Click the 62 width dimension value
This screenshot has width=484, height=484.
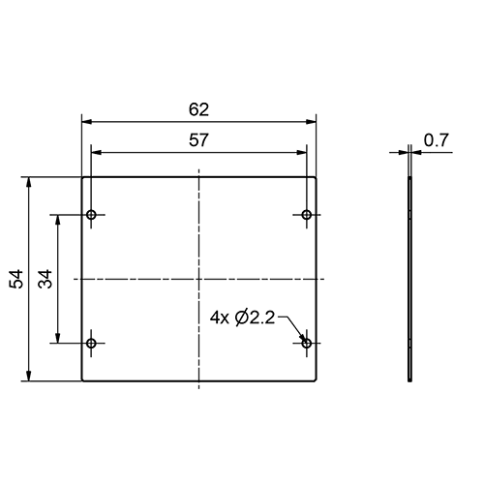[199, 108]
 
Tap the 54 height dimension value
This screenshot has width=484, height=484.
[16, 279]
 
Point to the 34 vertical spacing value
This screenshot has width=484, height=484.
[45, 279]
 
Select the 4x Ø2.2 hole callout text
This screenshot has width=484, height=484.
[242, 316]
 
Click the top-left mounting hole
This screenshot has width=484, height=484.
[92, 214]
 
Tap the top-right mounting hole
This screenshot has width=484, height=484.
[307, 214]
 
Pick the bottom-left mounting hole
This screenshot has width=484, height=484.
[92, 343]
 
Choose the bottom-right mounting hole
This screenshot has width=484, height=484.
[307, 343]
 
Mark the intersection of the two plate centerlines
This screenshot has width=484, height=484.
[199, 279]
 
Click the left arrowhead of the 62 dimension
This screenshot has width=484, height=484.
[86, 121]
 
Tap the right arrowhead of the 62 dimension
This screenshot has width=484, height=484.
[313, 121]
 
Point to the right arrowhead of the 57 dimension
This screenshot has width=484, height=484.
[302, 151]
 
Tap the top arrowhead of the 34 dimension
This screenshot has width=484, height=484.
[61, 220]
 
